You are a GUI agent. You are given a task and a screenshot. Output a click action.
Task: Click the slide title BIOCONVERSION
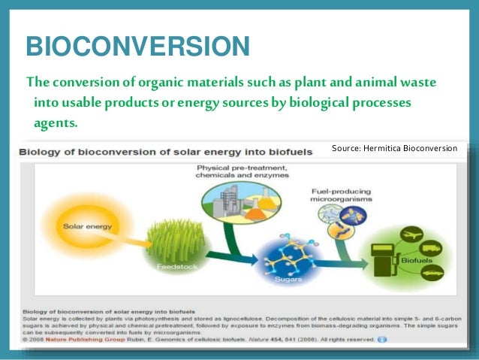[x=137, y=50]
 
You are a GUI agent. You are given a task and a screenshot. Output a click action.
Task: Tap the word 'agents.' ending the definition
[x=55, y=122]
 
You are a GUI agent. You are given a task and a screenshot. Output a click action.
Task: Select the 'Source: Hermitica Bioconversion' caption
[x=394, y=148]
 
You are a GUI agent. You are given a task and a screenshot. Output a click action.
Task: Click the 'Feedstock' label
[x=173, y=267]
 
